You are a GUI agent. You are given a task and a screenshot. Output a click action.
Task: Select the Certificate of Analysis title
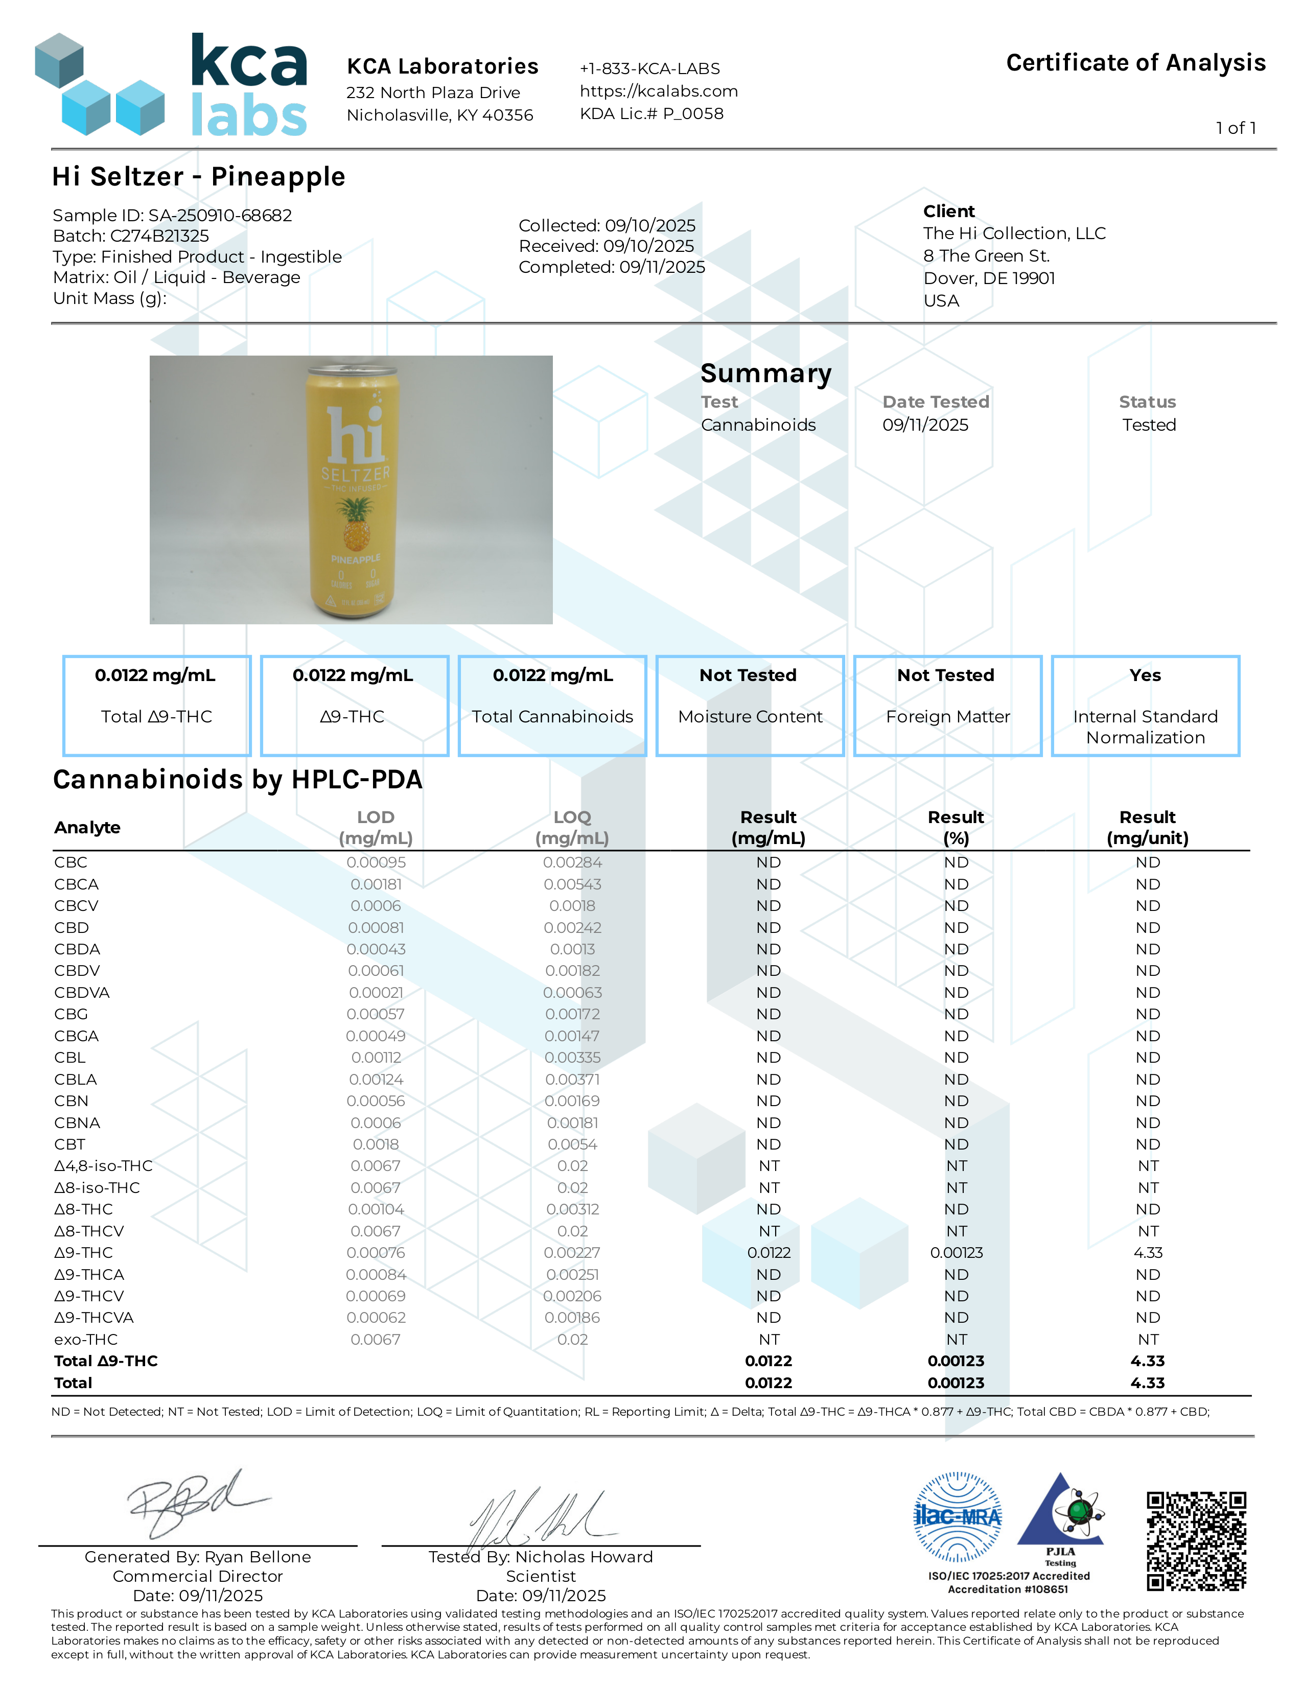click(x=1135, y=62)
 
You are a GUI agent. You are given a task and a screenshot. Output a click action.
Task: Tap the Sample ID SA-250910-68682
click(x=172, y=216)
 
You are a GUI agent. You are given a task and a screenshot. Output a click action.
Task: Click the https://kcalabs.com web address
click(x=659, y=91)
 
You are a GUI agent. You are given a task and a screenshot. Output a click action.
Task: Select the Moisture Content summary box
click(x=750, y=706)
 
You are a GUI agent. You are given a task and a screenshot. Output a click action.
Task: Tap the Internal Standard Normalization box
click(x=1145, y=706)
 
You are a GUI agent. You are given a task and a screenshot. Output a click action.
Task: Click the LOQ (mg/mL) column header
click(x=572, y=828)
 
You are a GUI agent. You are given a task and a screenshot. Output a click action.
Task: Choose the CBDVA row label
click(x=82, y=993)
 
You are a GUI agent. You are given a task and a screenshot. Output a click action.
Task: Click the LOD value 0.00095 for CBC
click(x=376, y=862)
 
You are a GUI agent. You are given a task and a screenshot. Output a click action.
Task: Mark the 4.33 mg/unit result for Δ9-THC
click(x=1148, y=1253)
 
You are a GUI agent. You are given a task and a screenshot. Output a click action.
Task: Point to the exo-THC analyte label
click(x=86, y=1340)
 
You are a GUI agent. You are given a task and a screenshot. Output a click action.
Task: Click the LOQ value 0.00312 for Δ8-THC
click(x=572, y=1210)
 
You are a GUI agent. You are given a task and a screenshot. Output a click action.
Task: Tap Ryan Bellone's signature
click(x=197, y=1504)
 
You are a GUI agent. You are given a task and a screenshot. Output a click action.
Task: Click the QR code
click(x=1196, y=1541)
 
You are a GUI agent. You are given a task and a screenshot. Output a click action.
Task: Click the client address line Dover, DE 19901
click(x=989, y=278)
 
